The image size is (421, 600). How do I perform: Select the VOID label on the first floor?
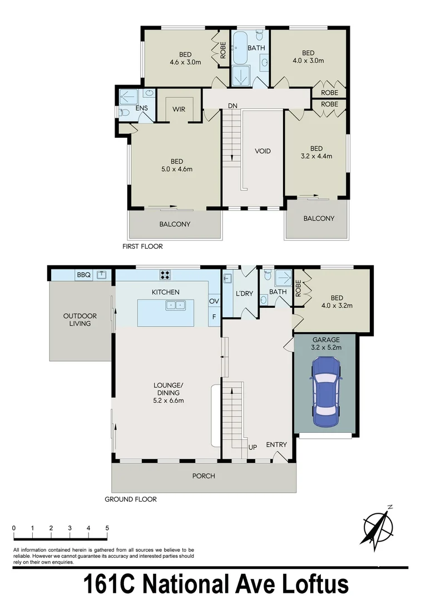262,151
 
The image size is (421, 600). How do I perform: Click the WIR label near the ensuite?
179,109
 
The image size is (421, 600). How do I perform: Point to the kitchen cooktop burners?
165,273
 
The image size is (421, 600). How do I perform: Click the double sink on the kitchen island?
175,305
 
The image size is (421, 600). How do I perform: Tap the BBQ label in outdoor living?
83,274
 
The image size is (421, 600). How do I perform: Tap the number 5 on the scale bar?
107,528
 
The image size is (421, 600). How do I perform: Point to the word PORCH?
204,476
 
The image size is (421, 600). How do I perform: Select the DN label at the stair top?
232,106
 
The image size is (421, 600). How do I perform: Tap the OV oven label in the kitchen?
214,301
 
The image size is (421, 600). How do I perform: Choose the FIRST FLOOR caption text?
143,246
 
